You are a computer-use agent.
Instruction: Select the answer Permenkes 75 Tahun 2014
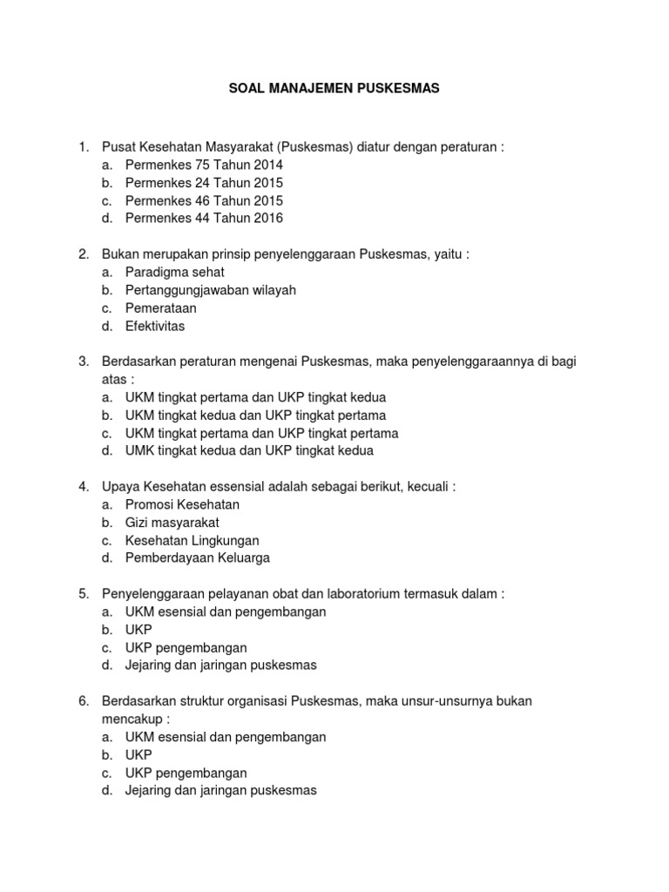tap(204, 165)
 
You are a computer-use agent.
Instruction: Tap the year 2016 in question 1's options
tap(268, 219)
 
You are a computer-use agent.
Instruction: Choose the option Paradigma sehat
tap(175, 273)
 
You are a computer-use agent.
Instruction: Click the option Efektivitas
tap(155, 327)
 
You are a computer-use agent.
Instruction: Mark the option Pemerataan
tap(161, 308)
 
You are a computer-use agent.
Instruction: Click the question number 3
tap(84, 362)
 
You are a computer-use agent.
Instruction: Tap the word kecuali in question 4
tap(425, 487)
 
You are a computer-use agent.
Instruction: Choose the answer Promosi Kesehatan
tap(182, 504)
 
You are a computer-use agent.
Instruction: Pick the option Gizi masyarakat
tap(172, 523)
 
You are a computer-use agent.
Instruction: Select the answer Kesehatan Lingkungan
tap(192, 541)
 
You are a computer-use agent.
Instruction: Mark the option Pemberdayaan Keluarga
tap(198, 558)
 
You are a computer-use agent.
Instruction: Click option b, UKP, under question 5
tap(139, 630)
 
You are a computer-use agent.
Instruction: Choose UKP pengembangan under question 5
tap(186, 648)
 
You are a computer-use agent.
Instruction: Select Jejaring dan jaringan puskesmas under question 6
tap(221, 791)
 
